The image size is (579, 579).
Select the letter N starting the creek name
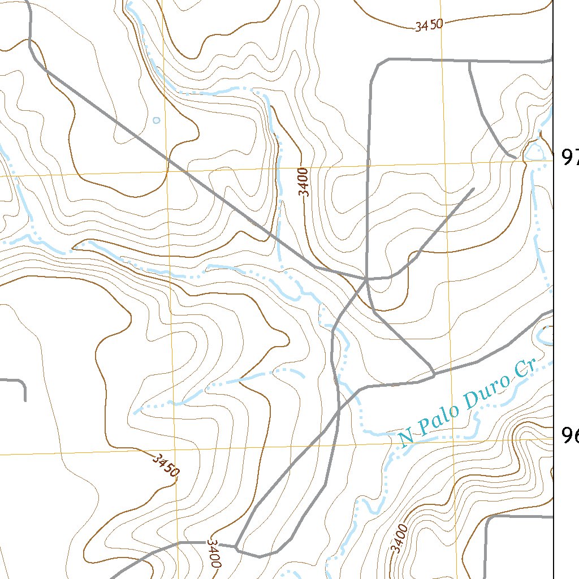click(x=405, y=438)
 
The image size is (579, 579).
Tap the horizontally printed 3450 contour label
click(x=428, y=25)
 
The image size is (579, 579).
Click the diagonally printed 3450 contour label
click(x=166, y=465)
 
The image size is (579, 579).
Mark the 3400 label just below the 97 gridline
click(x=305, y=182)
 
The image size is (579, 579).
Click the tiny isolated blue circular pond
click(x=157, y=120)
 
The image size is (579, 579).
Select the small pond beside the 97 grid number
click(x=533, y=151)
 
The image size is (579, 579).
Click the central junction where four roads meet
click(x=367, y=279)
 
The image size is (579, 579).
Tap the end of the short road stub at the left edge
click(x=25, y=400)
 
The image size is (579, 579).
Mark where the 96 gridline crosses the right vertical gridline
click(x=451, y=440)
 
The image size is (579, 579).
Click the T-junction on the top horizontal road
click(x=470, y=61)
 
